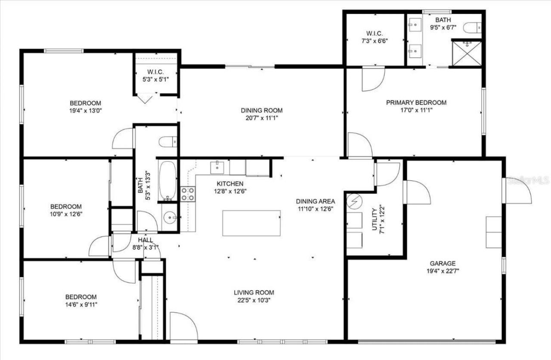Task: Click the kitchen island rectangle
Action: (251, 223)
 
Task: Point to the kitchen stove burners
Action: (188, 194)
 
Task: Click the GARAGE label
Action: (442, 264)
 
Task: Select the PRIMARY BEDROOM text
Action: (416, 102)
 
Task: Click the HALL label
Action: (145, 240)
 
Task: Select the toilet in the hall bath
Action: (167, 141)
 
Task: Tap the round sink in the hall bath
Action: (170, 218)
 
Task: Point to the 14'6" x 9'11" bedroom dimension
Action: (81, 304)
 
